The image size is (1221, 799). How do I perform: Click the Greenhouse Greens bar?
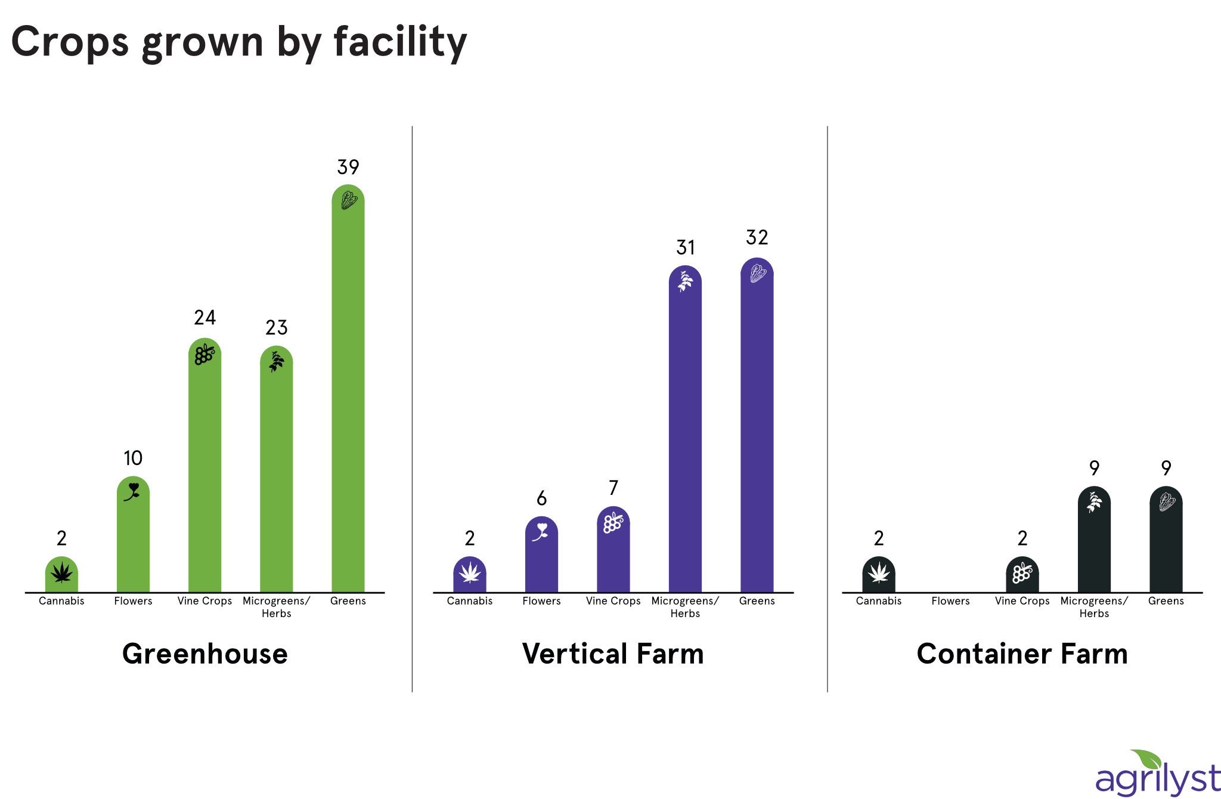(348, 388)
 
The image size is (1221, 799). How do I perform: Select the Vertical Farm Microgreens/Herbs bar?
(685, 429)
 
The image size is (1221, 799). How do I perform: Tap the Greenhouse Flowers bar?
(133, 534)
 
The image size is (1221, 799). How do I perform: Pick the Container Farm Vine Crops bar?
(1022, 575)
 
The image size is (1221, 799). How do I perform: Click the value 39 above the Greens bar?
(348, 167)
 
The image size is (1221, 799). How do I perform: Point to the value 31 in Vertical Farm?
(686, 247)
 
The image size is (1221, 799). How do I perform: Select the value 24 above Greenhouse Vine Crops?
(204, 317)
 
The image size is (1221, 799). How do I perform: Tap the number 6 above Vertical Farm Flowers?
(541, 498)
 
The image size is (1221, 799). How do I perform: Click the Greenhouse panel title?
(205, 654)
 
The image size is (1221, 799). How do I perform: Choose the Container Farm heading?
(1022, 654)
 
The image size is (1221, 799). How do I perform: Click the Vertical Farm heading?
(613, 654)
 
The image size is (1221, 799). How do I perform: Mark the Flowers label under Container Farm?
(950, 601)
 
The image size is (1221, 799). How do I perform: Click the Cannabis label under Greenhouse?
(61, 601)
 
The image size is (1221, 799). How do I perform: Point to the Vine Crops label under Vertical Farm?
(613, 601)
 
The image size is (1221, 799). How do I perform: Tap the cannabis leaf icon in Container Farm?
(879, 572)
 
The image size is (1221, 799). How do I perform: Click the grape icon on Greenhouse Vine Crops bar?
(204, 354)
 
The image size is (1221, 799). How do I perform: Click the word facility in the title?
(401, 42)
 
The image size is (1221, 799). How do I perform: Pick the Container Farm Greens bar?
(1166, 539)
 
